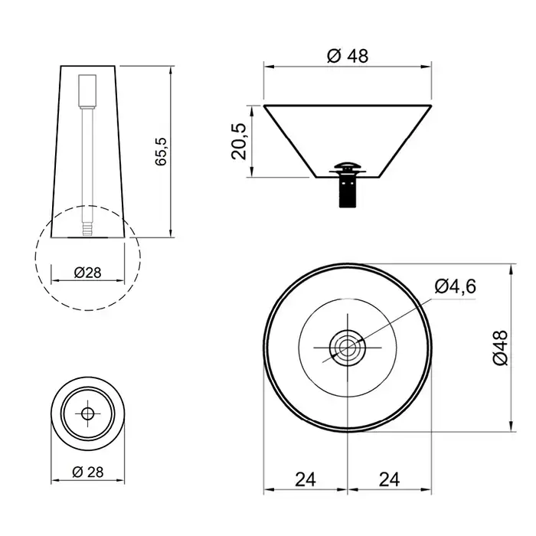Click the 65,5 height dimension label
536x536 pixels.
pyautogui.click(x=161, y=152)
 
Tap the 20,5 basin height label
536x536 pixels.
pyautogui.click(x=239, y=142)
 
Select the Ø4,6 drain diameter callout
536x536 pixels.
pyautogui.click(x=456, y=286)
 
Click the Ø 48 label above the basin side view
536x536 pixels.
pyautogui.click(x=348, y=56)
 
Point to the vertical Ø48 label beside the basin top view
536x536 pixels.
pyautogui.click(x=501, y=348)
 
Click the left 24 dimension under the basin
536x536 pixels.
pyautogui.click(x=306, y=479)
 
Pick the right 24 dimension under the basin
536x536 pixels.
pyautogui.click(x=389, y=479)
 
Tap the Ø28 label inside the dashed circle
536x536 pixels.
pyautogui.click(x=88, y=273)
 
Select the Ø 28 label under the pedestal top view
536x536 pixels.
pyautogui.click(x=88, y=472)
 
